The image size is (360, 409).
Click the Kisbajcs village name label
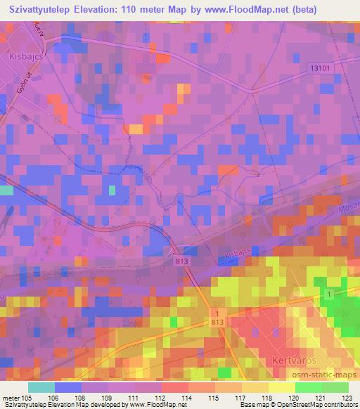[x=23, y=54]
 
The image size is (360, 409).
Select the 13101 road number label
[x=319, y=67]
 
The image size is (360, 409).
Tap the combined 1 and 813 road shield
[x=217, y=316]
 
